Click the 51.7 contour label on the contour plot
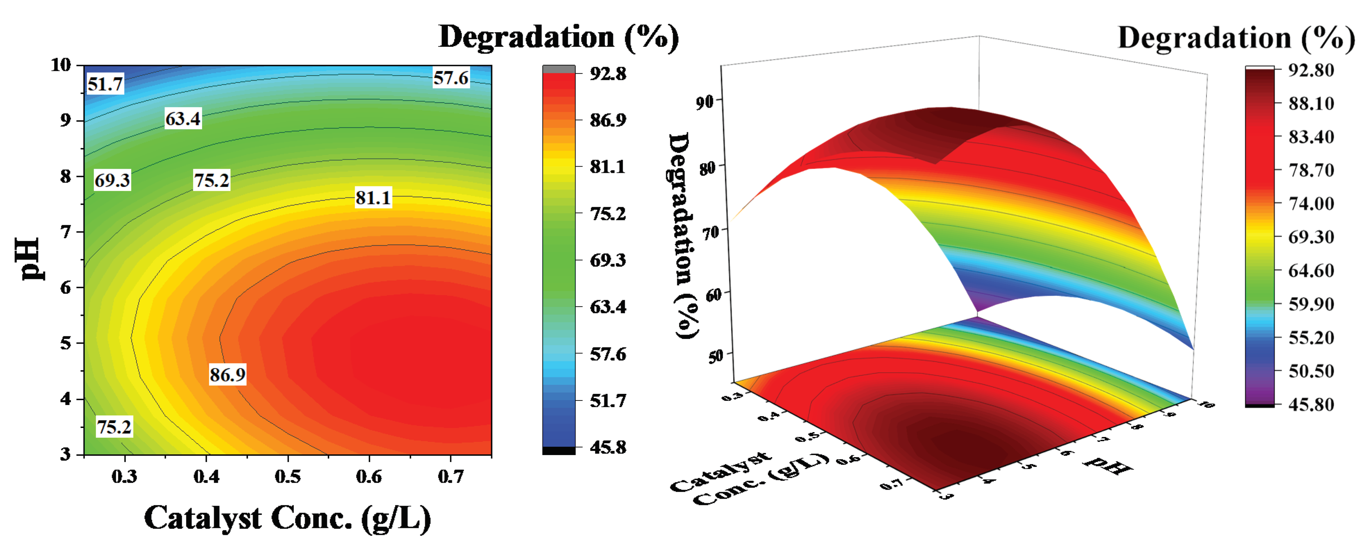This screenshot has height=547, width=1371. click(x=105, y=84)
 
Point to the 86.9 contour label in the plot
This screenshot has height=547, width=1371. click(x=227, y=375)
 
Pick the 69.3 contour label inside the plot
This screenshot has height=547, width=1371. click(x=112, y=180)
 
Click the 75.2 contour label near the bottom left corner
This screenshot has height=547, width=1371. click(x=114, y=427)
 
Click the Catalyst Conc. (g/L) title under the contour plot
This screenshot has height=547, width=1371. click(x=287, y=518)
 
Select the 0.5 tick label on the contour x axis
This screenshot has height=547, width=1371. click(x=287, y=476)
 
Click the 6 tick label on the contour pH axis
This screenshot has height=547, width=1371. click(x=66, y=287)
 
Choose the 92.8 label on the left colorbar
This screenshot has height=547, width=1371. click(x=608, y=74)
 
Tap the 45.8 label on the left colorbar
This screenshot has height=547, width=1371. click(x=608, y=447)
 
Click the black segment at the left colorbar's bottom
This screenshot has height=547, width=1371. click(x=558, y=451)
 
